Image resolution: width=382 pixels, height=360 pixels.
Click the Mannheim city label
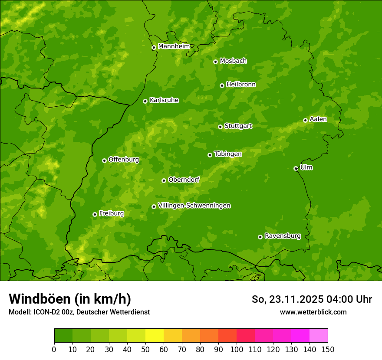point(174,46)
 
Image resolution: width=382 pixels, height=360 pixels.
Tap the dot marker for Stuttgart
point(220,127)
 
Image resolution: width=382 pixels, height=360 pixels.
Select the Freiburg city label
point(111,213)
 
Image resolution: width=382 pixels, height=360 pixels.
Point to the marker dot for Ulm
point(296,168)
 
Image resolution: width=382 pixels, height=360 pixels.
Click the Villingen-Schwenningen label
point(194,206)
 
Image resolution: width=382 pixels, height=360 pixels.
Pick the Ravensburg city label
point(282,236)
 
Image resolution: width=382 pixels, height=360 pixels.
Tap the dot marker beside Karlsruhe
point(145,101)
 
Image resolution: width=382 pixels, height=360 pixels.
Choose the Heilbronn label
point(241,85)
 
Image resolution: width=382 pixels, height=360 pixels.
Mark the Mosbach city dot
point(215,62)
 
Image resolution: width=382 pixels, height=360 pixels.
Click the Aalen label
point(318,119)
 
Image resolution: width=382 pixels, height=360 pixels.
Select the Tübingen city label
point(227,154)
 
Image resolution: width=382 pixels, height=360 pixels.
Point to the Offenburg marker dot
point(104,160)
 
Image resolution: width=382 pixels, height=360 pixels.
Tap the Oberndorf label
point(184,180)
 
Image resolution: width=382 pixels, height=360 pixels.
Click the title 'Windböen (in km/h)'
point(69,299)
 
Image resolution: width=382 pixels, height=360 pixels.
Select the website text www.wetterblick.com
point(313,312)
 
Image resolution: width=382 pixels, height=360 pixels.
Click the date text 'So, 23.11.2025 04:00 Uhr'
point(312,299)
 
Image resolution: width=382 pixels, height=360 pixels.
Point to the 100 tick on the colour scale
point(237,349)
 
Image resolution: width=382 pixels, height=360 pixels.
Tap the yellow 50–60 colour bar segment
point(155,336)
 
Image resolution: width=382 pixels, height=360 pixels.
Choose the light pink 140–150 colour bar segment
point(319,336)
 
